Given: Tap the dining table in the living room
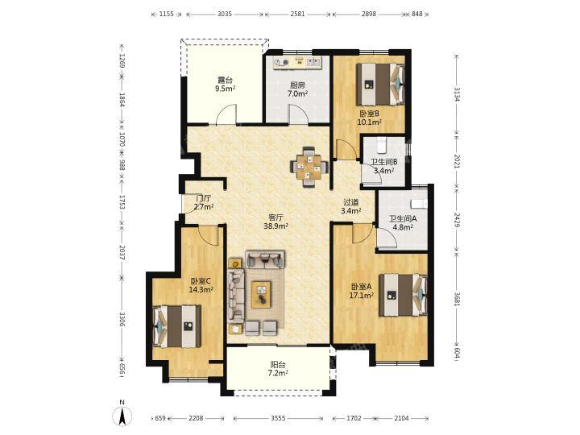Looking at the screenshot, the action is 309,168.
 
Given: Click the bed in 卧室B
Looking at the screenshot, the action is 379,84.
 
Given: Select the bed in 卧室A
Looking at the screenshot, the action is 403,295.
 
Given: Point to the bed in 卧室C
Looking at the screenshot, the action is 176,326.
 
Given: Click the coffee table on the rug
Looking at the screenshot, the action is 262,295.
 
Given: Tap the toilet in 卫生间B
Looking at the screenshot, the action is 381,145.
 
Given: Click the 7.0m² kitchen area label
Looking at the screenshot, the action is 297,93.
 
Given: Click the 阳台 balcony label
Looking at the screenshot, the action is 278,365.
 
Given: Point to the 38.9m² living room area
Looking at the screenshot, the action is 276,226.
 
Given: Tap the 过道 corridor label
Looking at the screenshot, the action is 350,202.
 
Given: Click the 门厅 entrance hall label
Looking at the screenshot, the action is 204,198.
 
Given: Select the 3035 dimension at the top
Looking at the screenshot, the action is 225,14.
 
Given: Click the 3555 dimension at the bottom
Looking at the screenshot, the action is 278,418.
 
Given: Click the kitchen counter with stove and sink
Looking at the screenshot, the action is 298,62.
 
